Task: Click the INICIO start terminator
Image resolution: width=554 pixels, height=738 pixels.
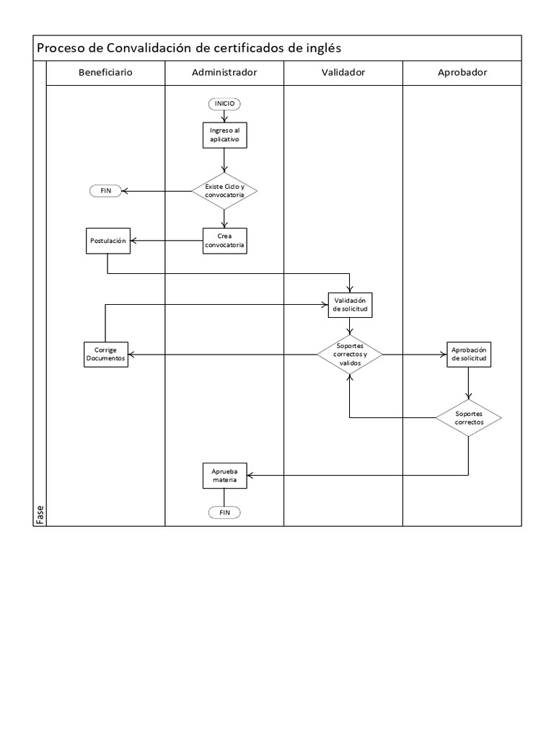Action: point(224,104)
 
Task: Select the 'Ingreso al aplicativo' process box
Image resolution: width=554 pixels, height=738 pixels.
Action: point(224,134)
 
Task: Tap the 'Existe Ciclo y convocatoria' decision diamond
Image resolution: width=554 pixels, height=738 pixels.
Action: point(224,190)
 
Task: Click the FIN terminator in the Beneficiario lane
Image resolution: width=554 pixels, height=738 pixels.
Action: point(105,190)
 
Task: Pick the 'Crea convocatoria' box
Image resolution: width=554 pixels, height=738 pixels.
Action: point(224,241)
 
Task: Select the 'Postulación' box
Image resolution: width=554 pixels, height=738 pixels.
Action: point(107,241)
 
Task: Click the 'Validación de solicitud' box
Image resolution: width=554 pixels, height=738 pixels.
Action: point(350,305)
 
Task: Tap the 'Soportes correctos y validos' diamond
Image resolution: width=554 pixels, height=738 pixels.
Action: point(350,354)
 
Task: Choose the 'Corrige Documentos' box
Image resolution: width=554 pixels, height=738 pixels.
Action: point(105,354)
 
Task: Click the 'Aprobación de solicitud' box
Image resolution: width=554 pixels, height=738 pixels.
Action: point(469,354)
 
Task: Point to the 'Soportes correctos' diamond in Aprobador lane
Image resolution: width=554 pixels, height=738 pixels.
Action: point(469,418)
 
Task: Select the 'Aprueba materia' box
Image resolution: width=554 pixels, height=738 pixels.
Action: point(224,474)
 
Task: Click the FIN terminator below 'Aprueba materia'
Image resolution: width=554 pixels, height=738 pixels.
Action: point(224,512)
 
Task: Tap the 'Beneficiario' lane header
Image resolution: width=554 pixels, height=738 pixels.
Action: point(105,73)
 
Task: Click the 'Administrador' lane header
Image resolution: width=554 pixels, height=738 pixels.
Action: point(224,73)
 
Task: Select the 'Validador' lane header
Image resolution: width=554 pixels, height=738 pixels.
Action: point(343,73)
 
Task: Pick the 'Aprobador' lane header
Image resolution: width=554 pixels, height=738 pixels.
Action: point(462,73)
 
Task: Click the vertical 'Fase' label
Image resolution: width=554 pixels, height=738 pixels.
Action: point(40,515)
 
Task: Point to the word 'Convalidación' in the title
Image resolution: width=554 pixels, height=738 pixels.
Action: point(149,48)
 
